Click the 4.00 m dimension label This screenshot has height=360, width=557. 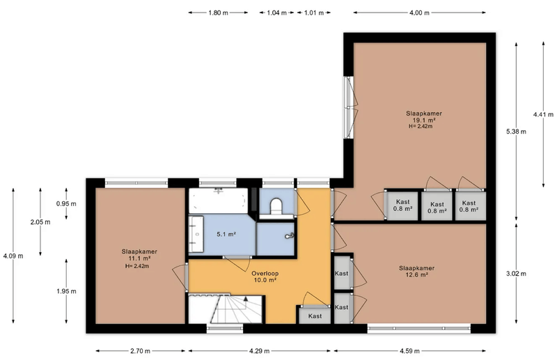coord(419,13)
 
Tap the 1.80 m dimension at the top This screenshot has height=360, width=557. coord(218,13)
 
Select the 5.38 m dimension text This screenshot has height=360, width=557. coord(516,132)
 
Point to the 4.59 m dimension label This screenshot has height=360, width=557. coord(409,351)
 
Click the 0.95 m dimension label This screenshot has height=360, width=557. coord(66,204)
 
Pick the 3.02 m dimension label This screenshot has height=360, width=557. coord(516,274)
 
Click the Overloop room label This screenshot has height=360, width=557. coord(265,274)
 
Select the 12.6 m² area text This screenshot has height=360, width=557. coord(416,275)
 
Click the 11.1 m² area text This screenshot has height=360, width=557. coord(139,258)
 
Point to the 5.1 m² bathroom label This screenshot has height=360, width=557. coord(226,235)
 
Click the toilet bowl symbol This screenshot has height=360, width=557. coord(276,207)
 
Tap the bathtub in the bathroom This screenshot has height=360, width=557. coord(218,201)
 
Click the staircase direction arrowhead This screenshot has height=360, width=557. coord(245,299)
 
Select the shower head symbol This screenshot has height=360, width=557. coord(289,235)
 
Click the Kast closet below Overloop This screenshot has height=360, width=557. coord(315,316)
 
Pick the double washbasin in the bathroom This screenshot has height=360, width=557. coord(196,234)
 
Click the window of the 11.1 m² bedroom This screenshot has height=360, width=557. coord(136,183)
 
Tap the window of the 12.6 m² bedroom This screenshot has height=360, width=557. coord(419,329)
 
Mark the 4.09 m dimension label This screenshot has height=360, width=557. coord(13,256)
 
